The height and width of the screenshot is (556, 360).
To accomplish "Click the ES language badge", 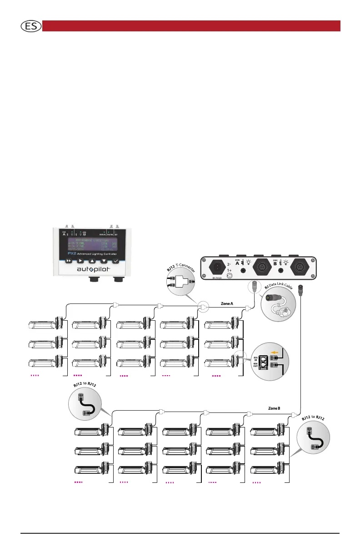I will [x=30, y=26].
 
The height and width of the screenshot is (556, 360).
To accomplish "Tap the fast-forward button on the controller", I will [x=69, y=262].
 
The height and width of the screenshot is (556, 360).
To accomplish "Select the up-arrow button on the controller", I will [x=92, y=262].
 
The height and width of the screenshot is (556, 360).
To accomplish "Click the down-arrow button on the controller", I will [x=104, y=262].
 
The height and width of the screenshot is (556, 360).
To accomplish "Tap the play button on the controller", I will [x=80, y=262].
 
